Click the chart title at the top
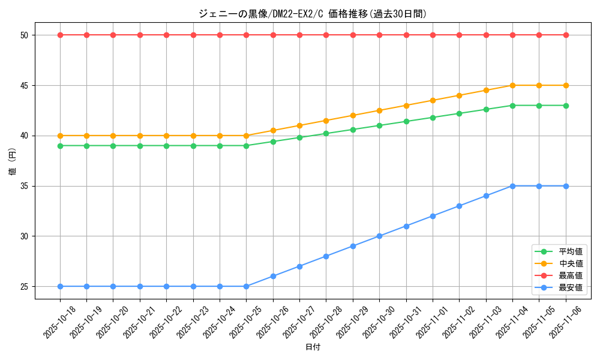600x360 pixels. pos(313,14)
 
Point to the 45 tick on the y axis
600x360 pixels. pos(25,85)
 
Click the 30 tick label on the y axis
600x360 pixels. pos(25,236)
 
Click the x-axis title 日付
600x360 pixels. pos(313,347)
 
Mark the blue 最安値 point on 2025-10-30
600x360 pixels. pos(379,236)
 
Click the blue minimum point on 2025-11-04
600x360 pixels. pos(512,186)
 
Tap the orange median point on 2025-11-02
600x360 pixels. pos(459,95)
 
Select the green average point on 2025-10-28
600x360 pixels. pos(326,133)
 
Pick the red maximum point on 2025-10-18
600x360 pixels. pos(60,35)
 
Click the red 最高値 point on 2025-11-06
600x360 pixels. pos(566,35)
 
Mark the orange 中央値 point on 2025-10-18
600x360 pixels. pos(60,136)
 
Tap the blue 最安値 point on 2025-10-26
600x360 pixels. pos(273,276)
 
